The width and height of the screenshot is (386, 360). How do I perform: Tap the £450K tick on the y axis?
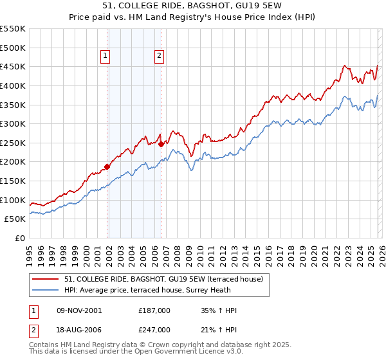pyautogui.click(x=13, y=66)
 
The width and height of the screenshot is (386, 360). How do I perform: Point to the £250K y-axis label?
pyautogui.click(x=13, y=143)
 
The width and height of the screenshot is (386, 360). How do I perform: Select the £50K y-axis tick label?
pyautogui.click(x=15, y=219)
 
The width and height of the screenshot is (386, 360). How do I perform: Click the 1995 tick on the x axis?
pyautogui.click(x=30, y=251)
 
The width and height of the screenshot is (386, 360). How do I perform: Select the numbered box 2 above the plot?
pyautogui.click(x=158, y=56)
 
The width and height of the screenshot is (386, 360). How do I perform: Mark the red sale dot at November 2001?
pyautogui.click(x=107, y=166)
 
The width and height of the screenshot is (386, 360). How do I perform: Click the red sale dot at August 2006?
pyautogui.click(x=161, y=144)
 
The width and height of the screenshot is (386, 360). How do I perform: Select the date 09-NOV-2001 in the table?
pyautogui.click(x=79, y=310)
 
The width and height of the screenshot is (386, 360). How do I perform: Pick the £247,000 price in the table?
pyautogui.click(x=154, y=330)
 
